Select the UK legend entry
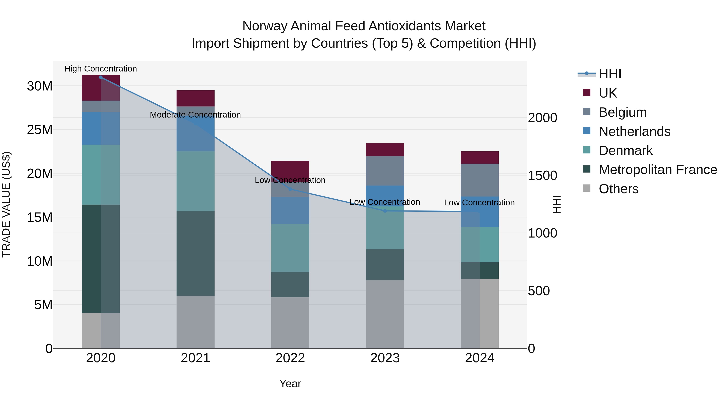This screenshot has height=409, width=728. point(608,93)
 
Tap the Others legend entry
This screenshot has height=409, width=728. point(618,189)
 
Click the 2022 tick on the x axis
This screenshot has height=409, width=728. point(290,358)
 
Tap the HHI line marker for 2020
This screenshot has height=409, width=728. point(101,77)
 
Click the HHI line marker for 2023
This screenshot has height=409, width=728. point(385,211)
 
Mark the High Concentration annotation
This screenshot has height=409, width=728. point(101,69)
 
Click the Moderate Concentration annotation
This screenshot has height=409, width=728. point(195,115)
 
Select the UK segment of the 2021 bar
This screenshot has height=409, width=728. point(195,98)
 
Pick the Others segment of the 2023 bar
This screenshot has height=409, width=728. point(385,314)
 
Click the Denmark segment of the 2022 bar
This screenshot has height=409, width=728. point(290,248)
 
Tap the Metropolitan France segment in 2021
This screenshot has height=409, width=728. point(195,253)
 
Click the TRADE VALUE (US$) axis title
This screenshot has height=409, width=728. point(6,204)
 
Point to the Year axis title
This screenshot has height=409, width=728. point(290,384)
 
